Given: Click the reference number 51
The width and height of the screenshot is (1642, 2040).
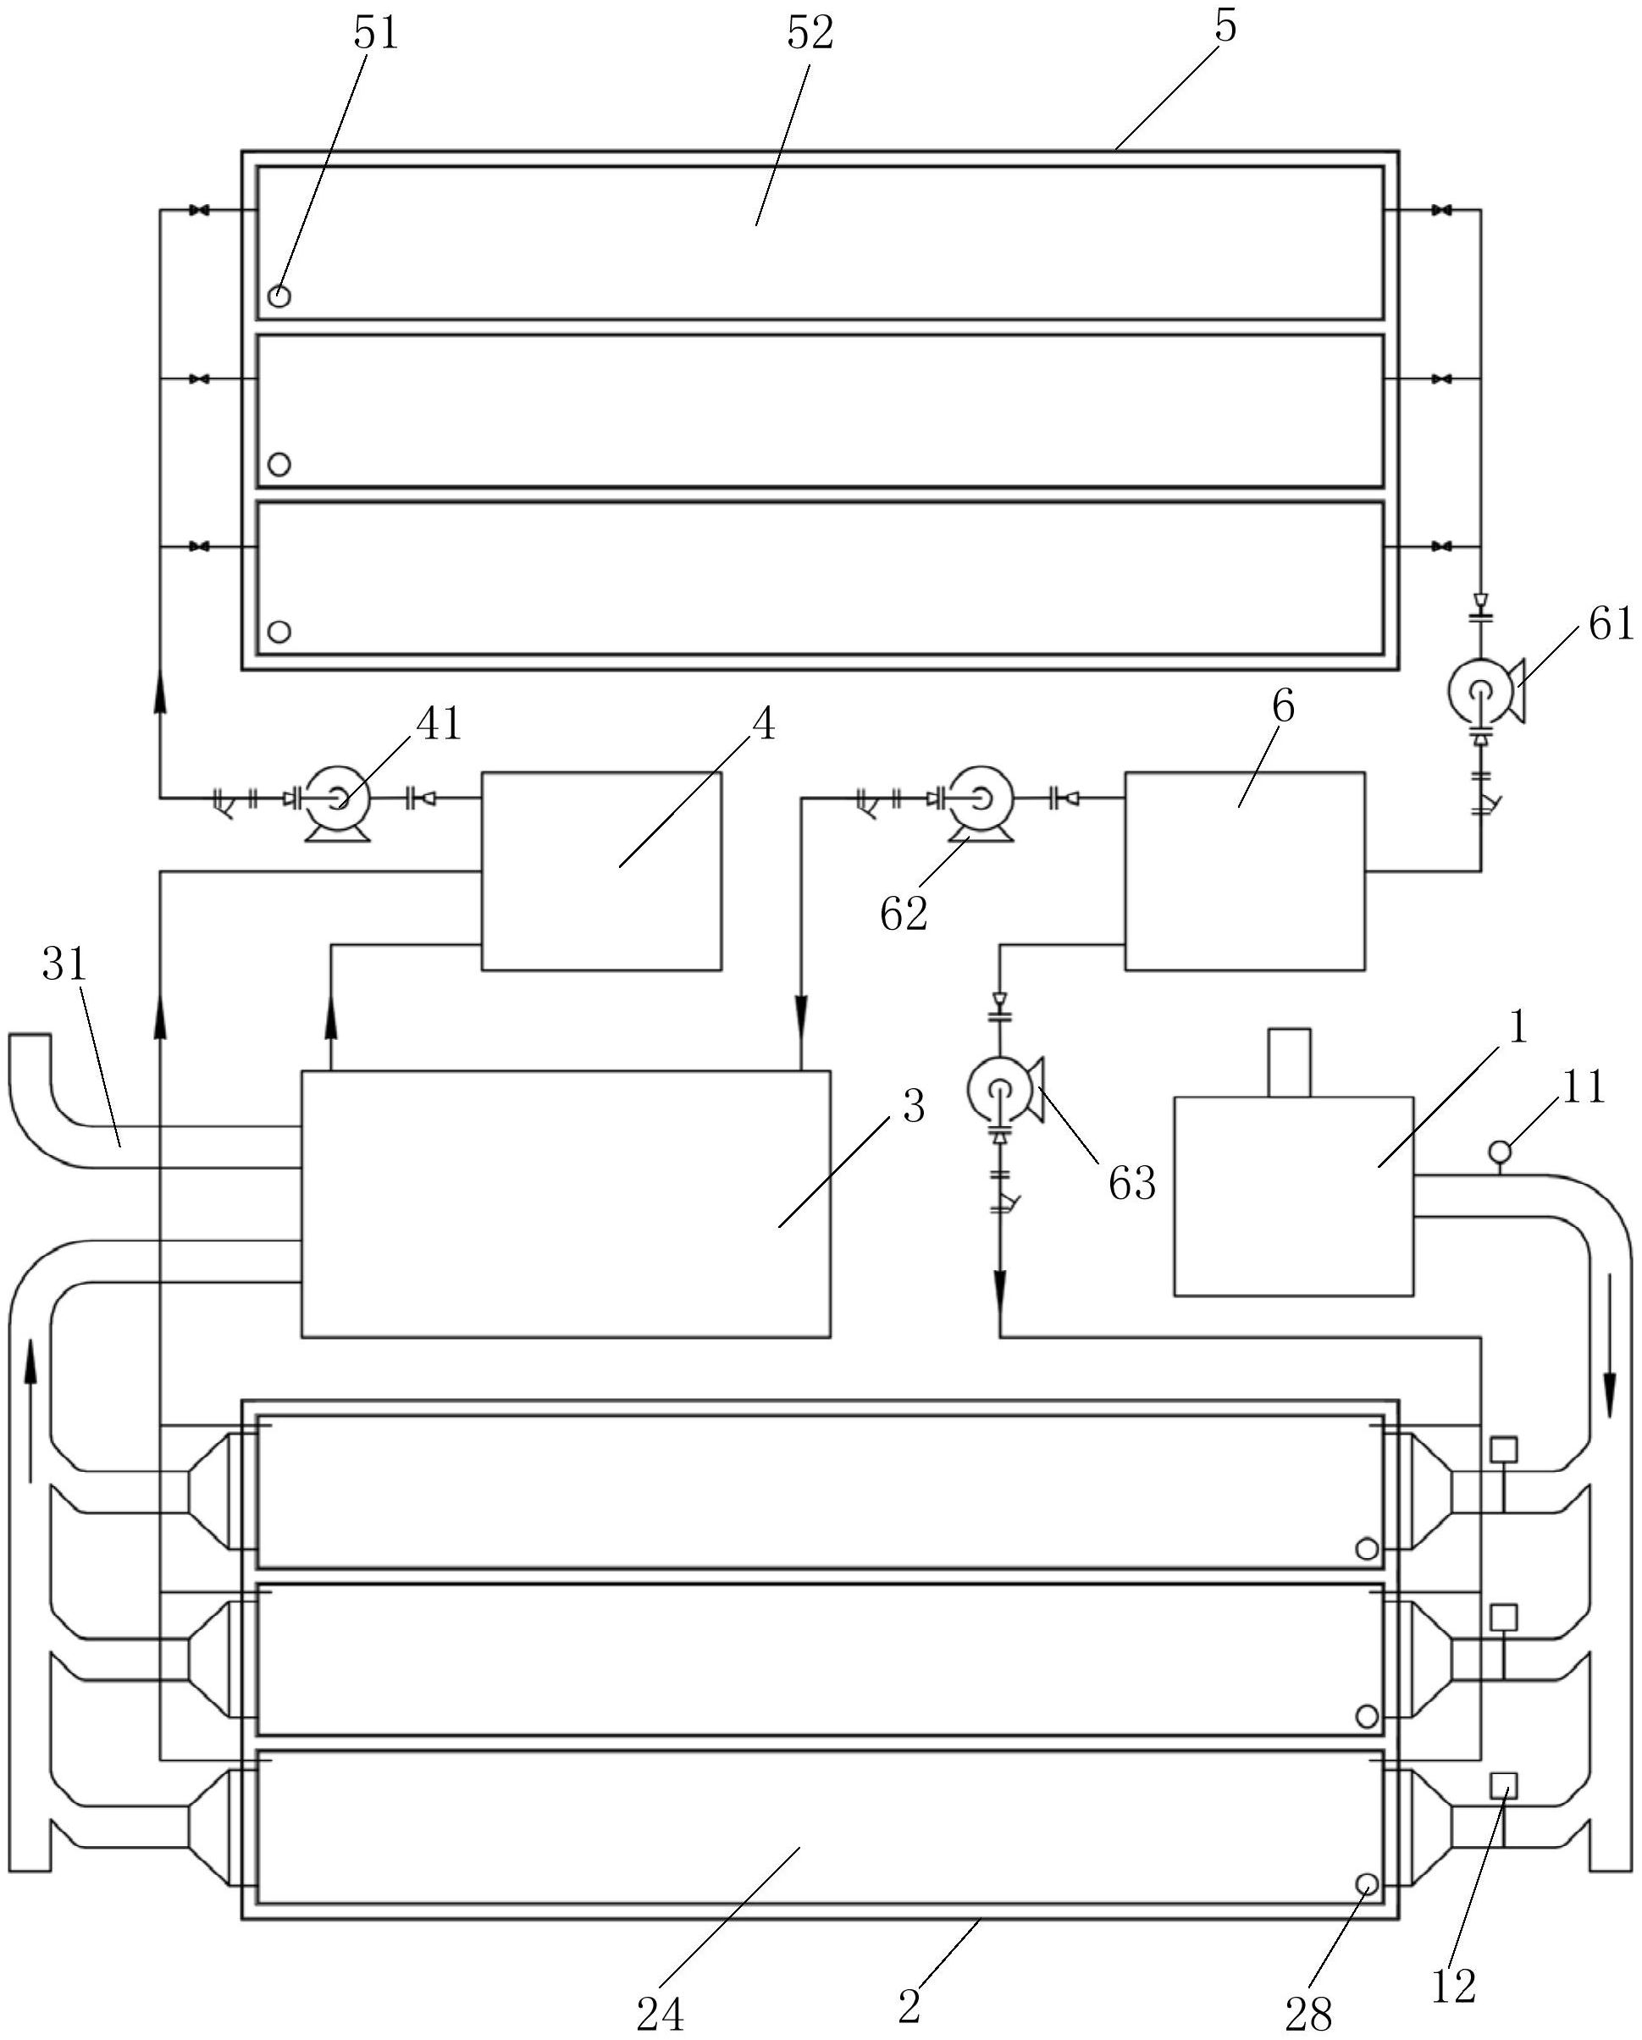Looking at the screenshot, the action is tap(376, 33).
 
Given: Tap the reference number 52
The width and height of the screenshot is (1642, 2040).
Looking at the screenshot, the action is tap(810, 33).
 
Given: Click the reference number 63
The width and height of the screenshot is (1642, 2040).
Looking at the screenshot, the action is tap(1132, 1183).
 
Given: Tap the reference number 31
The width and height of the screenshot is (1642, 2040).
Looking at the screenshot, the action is tap(64, 965).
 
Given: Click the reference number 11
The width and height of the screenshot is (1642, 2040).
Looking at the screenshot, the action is tap(1584, 1087).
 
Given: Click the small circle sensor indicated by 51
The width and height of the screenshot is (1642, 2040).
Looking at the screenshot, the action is tap(279, 296).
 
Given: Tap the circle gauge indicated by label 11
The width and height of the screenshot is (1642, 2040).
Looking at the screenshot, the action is tap(1500, 1152).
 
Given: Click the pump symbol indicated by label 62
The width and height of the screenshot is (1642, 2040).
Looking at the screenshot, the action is tap(981, 800).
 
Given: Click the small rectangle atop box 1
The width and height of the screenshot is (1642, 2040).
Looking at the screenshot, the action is tap(1289, 1063).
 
